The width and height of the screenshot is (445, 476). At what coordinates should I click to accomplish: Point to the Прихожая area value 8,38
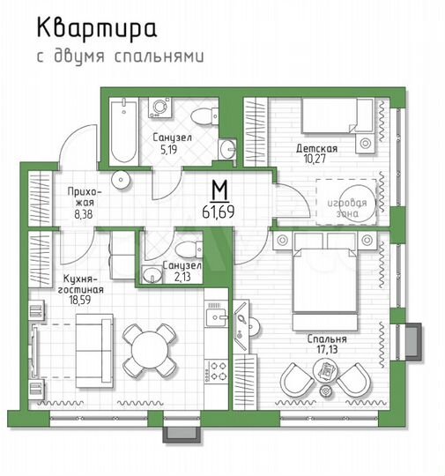click(85, 212)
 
